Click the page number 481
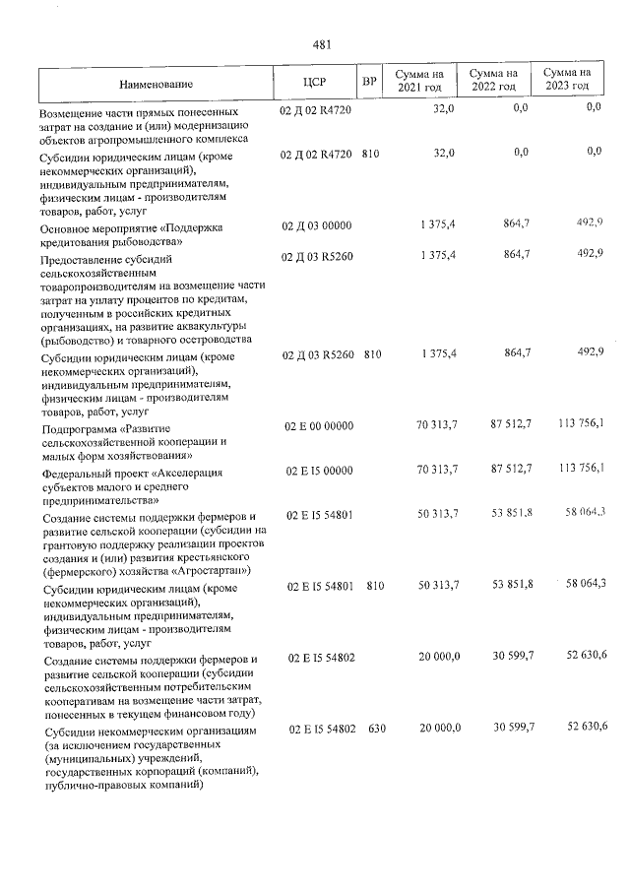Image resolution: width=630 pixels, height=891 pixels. (x=320, y=44)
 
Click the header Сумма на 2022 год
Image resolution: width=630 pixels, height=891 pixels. (x=493, y=81)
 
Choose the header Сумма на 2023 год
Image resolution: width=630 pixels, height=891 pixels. (x=569, y=80)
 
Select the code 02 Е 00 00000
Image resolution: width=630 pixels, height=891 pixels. (x=318, y=424)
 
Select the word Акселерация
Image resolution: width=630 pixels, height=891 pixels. (x=195, y=473)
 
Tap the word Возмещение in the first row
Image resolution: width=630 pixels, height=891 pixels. (x=69, y=112)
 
